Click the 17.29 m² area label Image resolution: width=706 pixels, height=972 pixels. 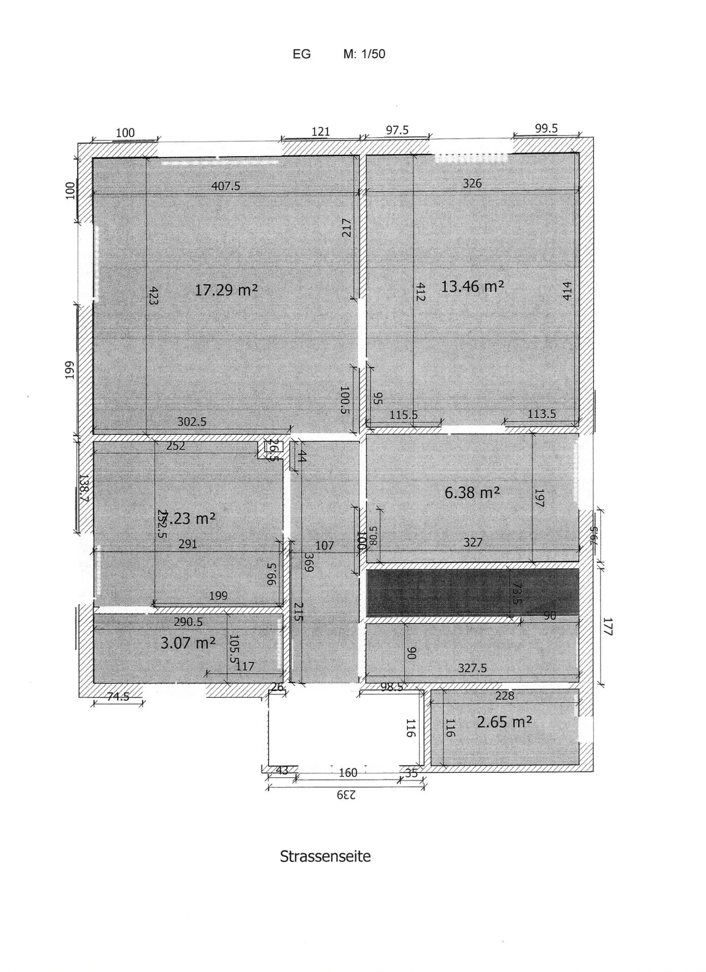(x=226, y=290)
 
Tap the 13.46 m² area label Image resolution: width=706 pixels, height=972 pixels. (x=472, y=286)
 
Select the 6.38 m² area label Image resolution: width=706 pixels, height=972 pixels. (x=472, y=493)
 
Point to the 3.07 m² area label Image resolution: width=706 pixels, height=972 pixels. (x=188, y=643)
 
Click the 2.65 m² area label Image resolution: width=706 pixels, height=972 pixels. (x=504, y=722)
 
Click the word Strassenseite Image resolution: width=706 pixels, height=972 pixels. (x=325, y=856)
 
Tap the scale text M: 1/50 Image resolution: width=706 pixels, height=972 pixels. (x=364, y=54)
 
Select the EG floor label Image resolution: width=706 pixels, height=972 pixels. (x=302, y=54)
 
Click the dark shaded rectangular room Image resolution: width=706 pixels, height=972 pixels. (x=436, y=592)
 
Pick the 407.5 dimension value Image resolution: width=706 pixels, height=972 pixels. (x=226, y=186)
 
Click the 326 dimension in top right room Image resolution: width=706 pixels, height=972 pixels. (x=472, y=183)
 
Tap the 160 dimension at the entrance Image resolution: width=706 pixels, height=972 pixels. (x=348, y=773)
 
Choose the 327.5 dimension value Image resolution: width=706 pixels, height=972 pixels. (x=472, y=668)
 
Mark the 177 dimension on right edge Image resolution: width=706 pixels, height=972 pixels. (x=607, y=626)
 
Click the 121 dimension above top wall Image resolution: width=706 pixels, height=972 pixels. (x=321, y=131)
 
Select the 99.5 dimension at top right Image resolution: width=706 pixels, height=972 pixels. (x=546, y=128)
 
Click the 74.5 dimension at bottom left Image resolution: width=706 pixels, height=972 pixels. (x=118, y=697)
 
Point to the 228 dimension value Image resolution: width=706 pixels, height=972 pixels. (x=504, y=696)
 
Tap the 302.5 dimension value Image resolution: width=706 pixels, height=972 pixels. (x=192, y=422)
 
